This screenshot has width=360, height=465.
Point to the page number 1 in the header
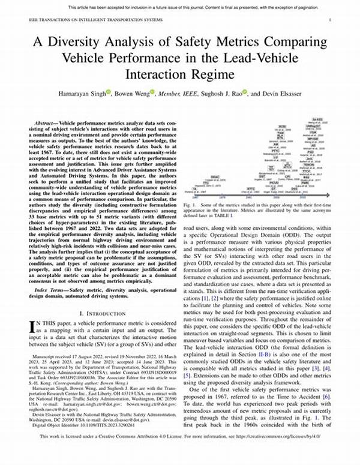pos(331,20)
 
